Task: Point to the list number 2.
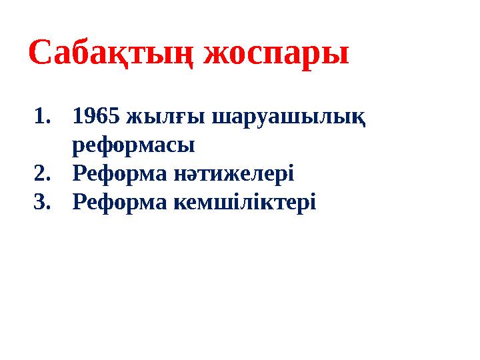tap(41, 173)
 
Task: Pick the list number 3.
tap(41, 201)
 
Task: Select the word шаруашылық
tap(288, 118)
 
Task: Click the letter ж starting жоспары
tap(216, 55)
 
